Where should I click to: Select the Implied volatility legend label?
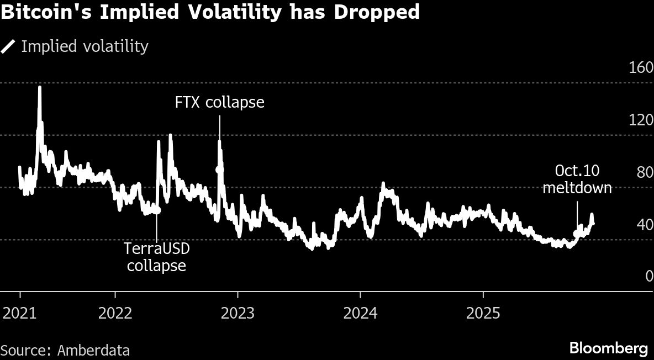[x=85, y=46]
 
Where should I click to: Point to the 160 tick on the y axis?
[x=641, y=68]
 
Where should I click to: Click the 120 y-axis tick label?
[x=641, y=120]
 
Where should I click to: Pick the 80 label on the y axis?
[x=644, y=173]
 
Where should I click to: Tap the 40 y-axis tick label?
[x=644, y=225]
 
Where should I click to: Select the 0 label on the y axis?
[x=648, y=277]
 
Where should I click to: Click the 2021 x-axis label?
[x=19, y=314]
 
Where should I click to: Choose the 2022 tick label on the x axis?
[x=115, y=314]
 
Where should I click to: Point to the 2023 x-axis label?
[x=238, y=314]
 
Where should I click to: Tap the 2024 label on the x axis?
[x=360, y=314]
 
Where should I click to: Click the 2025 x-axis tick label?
[x=483, y=314]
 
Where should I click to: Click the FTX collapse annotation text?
[x=219, y=103]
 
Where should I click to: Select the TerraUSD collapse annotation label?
[x=157, y=257]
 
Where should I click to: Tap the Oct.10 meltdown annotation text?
[x=577, y=179]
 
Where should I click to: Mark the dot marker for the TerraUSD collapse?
[x=157, y=210]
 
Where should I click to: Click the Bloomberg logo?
[x=608, y=348]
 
